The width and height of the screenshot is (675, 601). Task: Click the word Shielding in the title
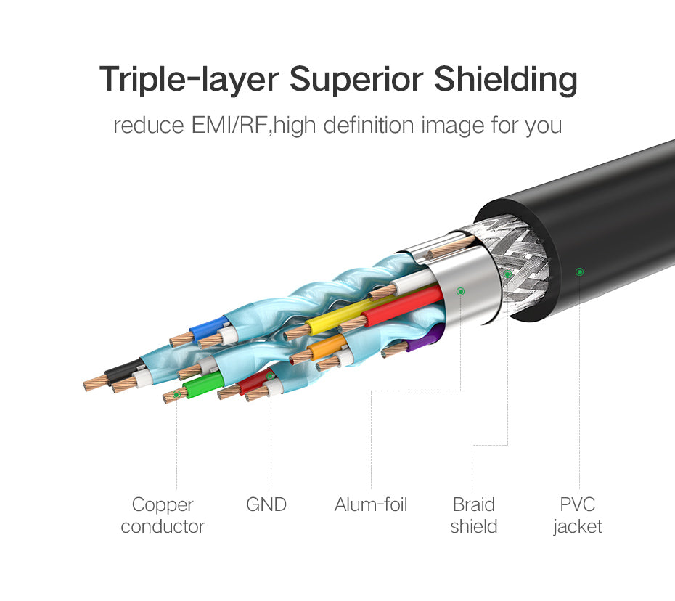(505, 80)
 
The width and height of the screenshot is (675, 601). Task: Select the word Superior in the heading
(356, 79)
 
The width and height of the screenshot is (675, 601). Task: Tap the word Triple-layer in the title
(189, 80)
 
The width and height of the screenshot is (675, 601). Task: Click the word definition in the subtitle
(369, 126)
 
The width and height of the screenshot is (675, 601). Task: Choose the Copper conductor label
(163, 515)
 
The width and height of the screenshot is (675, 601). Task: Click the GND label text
(266, 504)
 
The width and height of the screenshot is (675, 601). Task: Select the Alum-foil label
(371, 504)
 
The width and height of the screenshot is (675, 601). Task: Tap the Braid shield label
(474, 515)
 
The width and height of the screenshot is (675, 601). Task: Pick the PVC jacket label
(578, 515)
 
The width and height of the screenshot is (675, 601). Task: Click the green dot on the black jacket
(579, 271)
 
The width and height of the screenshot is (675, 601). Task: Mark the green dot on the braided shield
(507, 274)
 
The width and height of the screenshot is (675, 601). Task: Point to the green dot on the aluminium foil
(460, 292)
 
